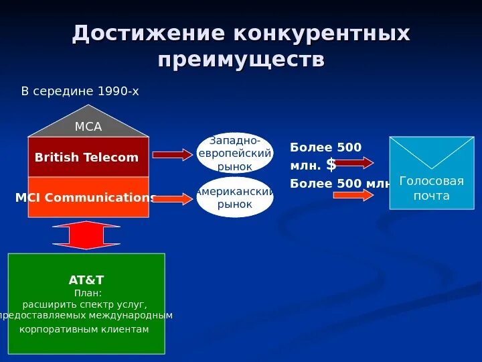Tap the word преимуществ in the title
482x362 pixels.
(241, 59)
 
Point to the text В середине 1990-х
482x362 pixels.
(80, 90)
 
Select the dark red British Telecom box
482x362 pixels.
(88, 157)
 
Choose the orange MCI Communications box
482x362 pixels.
(88, 197)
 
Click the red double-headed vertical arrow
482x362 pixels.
(86, 235)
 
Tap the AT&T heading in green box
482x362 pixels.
(86, 280)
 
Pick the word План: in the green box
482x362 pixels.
(87, 293)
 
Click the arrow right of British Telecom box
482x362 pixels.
(172, 155)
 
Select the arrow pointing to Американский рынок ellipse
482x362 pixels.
(172, 198)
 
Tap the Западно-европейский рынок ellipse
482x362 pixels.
(235, 153)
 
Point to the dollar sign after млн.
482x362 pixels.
(331, 165)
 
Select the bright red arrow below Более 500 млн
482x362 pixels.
(353, 195)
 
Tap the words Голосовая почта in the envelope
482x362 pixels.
(431, 188)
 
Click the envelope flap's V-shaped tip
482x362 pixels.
(432, 168)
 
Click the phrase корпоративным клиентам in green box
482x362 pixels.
(84, 329)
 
